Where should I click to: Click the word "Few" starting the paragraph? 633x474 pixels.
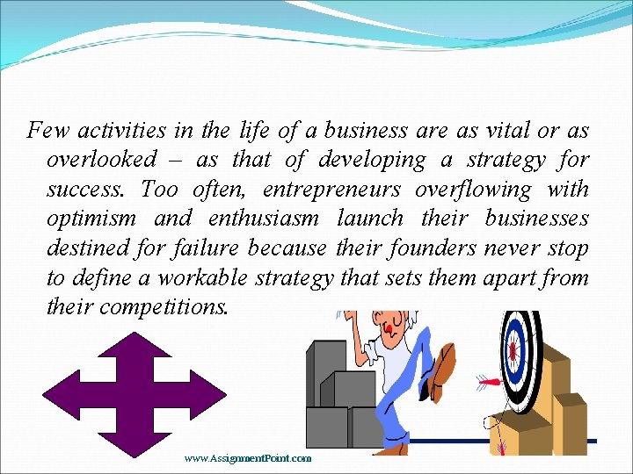point(48,132)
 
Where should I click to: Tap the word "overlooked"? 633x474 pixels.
point(101,161)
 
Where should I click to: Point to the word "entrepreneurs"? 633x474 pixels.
point(332,190)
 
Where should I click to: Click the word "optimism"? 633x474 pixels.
point(91,219)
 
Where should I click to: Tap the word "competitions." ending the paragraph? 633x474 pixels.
point(164,307)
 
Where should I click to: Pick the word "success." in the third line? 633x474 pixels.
point(85,190)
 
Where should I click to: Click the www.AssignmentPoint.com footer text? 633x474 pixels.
point(248,458)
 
